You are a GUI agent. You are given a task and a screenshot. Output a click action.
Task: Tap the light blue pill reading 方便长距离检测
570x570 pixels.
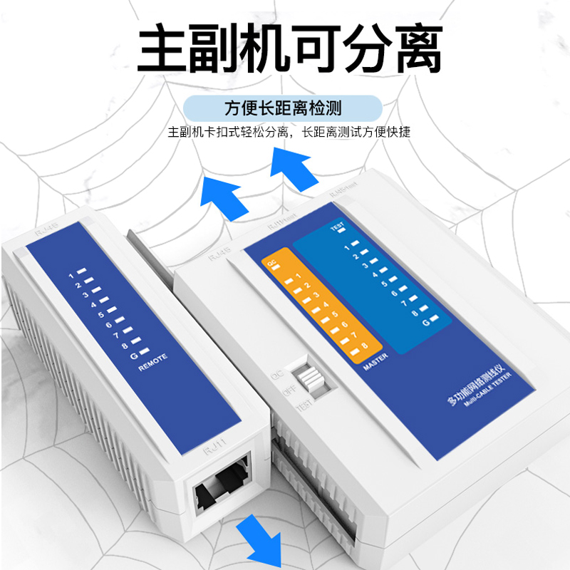(283, 108)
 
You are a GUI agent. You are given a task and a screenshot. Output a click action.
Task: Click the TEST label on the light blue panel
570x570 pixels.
(338, 228)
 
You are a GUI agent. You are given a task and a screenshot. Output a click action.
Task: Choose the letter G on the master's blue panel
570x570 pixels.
(425, 322)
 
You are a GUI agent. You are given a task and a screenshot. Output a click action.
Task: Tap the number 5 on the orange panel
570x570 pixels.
(334, 311)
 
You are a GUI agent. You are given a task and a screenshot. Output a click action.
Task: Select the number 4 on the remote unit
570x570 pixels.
(94, 304)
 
